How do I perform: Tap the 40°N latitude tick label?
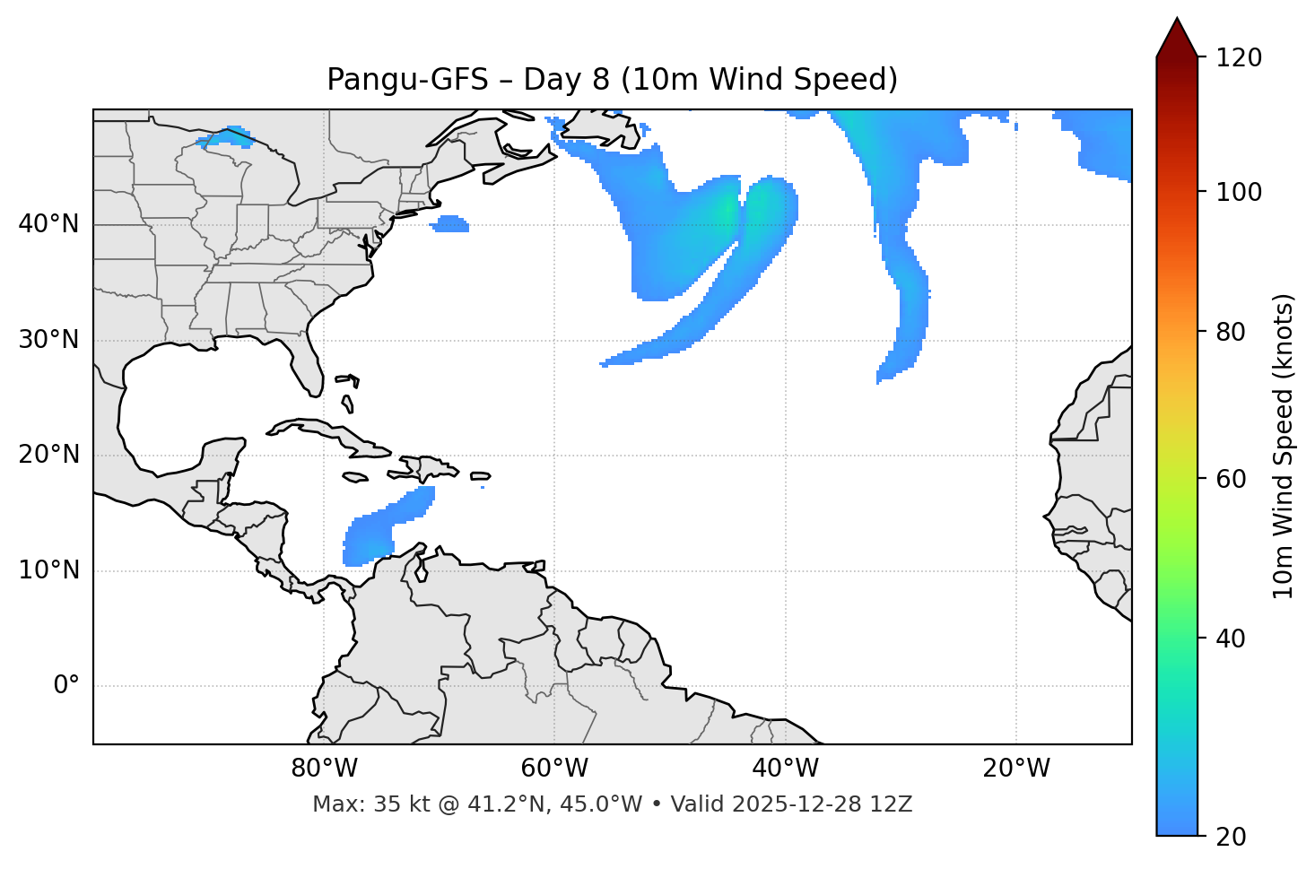pyautogui.click(x=48, y=224)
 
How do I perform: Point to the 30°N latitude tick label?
pyautogui.click(x=48, y=340)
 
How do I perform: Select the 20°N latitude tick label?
pyautogui.click(x=48, y=455)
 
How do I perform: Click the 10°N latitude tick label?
pyautogui.click(x=48, y=570)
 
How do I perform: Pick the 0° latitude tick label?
pyautogui.click(x=65, y=686)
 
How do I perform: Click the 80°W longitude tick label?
pyautogui.click(x=324, y=769)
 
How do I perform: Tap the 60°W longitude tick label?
pyautogui.click(x=554, y=769)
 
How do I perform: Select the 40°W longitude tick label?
pyautogui.click(x=785, y=769)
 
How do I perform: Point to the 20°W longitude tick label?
pyautogui.click(x=1016, y=769)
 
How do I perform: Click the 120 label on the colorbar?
pyautogui.click(x=1239, y=58)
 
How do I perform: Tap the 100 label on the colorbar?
pyautogui.click(x=1239, y=192)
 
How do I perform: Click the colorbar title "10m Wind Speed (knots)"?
pyautogui.click(x=1284, y=446)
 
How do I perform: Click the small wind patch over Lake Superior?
pyautogui.click(x=226, y=137)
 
